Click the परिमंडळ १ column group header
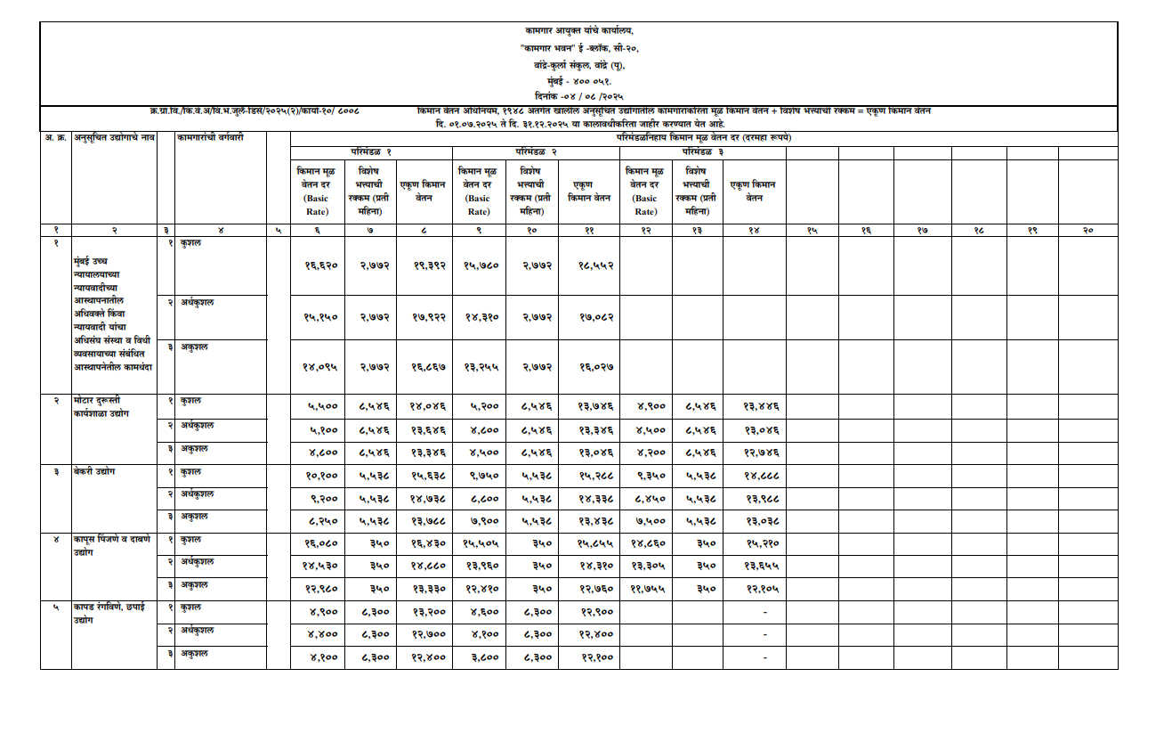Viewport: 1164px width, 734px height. tap(371, 151)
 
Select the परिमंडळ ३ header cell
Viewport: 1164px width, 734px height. tap(702, 151)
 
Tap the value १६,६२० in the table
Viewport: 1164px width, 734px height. tap(317, 265)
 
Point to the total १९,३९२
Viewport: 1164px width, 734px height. tap(426, 265)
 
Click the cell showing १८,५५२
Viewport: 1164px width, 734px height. tap(588, 265)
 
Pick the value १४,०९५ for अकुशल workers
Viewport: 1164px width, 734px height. tap(317, 364)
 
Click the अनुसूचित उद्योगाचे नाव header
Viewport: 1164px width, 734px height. tap(114, 137)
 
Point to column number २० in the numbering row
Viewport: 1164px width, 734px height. tap(1087, 231)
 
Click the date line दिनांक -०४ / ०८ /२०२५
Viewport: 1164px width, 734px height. tap(579, 94)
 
